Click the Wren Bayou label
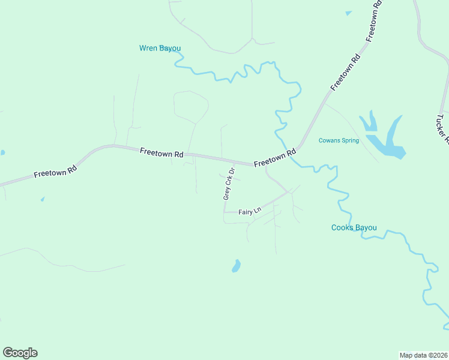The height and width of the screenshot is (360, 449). [160, 48]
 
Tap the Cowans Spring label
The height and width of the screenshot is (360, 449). [339, 141]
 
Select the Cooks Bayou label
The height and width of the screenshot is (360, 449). [354, 227]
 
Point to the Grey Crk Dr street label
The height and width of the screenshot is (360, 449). [228, 184]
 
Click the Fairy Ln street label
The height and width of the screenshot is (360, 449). [250, 211]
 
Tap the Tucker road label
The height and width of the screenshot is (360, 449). [443, 129]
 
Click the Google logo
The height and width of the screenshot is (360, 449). [20, 353]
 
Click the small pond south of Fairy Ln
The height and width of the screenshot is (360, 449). [237, 266]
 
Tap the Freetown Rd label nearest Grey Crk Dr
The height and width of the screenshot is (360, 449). [275, 158]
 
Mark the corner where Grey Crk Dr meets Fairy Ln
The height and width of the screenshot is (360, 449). [224, 211]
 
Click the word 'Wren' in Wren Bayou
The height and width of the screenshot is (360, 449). [148, 48]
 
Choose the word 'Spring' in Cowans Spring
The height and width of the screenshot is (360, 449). [349, 141]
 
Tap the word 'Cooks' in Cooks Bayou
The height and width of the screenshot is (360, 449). [342, 227]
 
